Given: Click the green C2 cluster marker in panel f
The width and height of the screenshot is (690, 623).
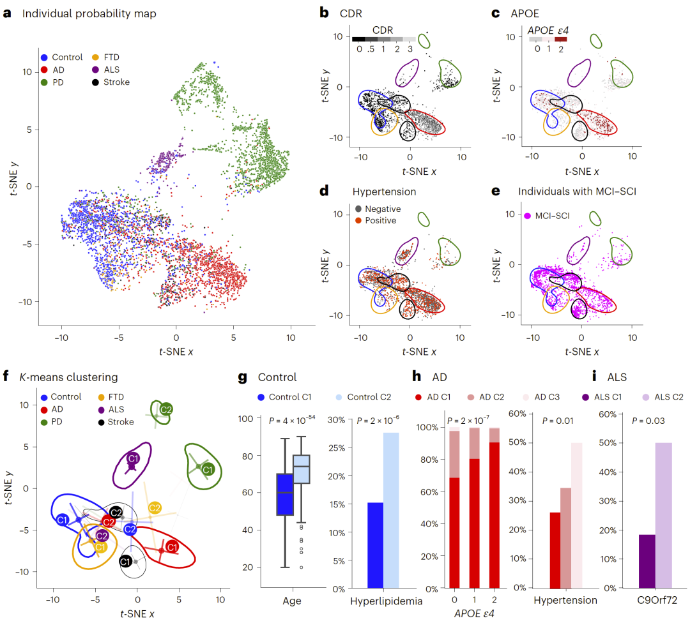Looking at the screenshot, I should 165,409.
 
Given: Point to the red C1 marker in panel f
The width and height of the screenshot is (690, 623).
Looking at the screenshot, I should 171,547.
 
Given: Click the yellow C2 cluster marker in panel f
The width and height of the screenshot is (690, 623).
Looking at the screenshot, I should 155,508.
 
